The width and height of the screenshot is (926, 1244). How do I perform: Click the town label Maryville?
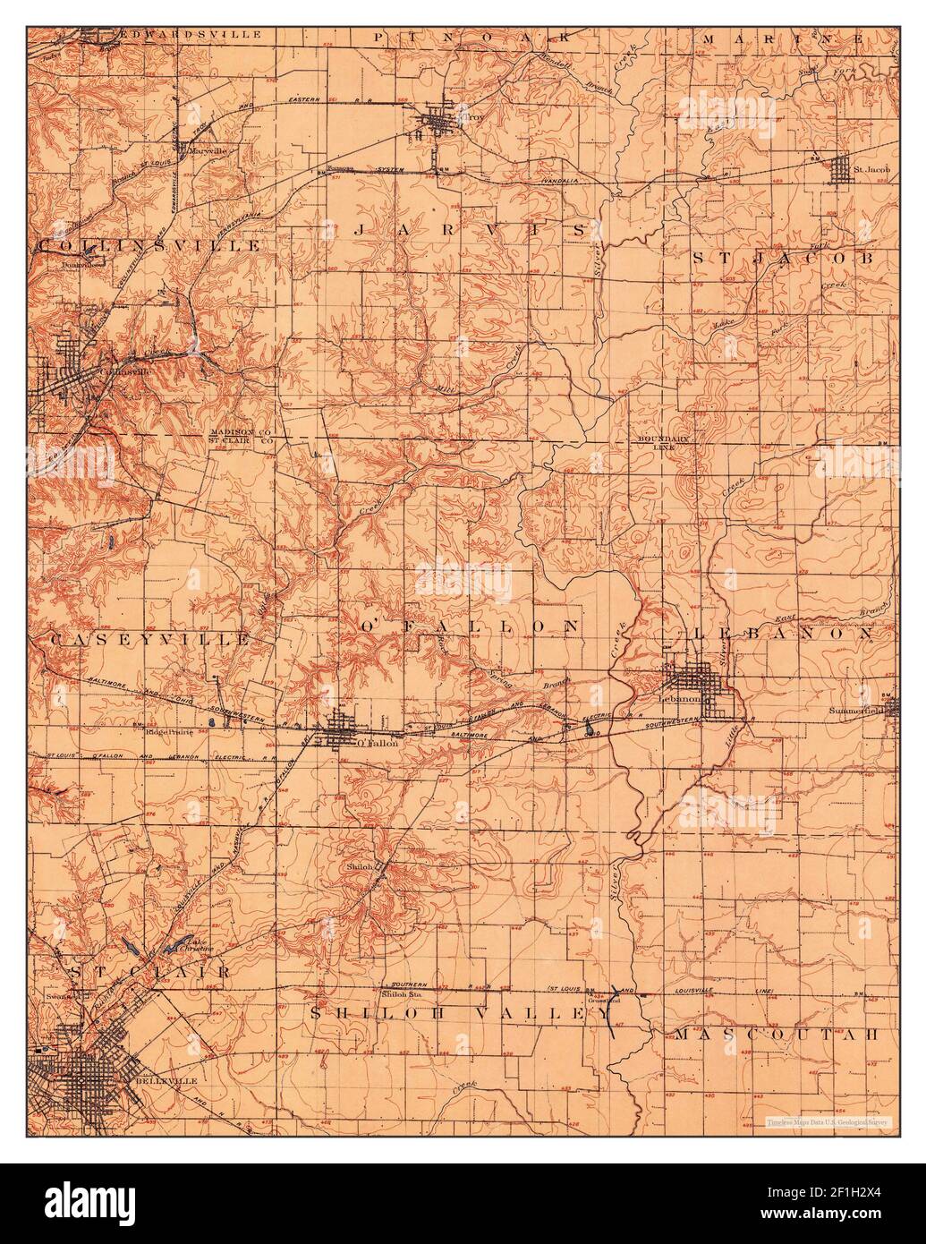(x=208, y=151)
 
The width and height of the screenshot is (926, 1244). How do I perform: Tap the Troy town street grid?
(x=438, y=118)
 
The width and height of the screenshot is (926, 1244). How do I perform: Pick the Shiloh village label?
(x=359, y=867)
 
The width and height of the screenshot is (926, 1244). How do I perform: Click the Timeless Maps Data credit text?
(x=818, y=1121)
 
